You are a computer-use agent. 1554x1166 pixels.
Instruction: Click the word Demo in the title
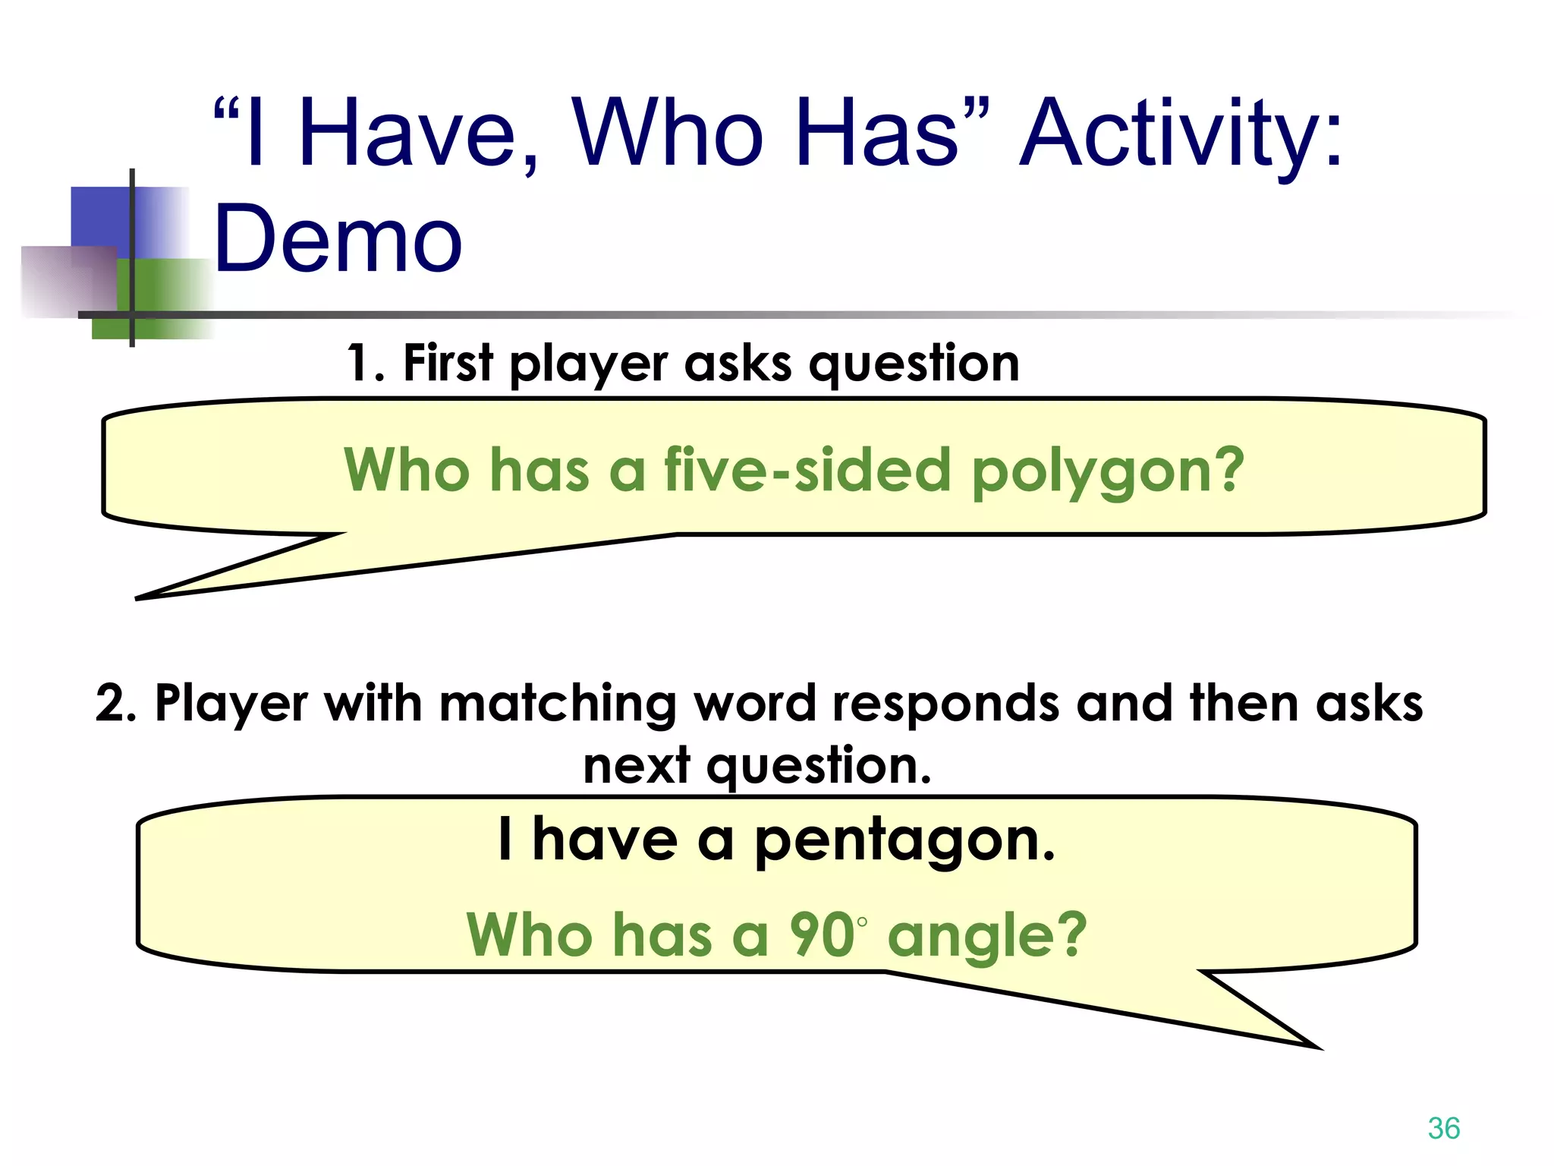point(338,239)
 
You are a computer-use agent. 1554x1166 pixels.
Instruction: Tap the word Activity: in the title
point(1181,135)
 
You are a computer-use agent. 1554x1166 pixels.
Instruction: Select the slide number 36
point(1443,1128)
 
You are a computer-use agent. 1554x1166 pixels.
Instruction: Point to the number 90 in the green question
point(823,935)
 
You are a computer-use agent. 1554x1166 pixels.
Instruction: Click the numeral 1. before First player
point(366,363)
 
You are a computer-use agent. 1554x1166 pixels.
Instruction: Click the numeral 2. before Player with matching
point(115,703)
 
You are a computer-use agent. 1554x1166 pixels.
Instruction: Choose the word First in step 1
point(448,363)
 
